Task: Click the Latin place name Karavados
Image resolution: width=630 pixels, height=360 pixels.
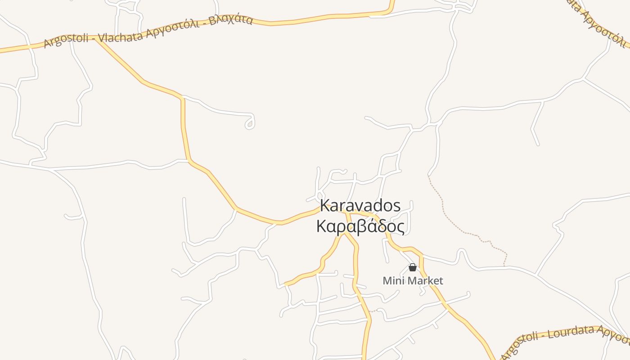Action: pos(360,206)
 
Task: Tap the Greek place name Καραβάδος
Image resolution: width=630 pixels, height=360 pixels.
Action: pos(360,226)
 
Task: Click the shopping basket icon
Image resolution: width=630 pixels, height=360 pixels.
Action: pos(412,268)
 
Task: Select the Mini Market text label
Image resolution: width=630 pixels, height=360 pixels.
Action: pos(413,281)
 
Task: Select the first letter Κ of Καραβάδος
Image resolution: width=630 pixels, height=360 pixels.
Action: pos(321,226)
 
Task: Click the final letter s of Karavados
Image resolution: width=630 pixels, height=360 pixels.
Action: pos(396,206)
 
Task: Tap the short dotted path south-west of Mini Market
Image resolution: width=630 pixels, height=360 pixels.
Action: pos(375,310)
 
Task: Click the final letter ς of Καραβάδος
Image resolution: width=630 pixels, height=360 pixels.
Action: pos(400,227)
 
